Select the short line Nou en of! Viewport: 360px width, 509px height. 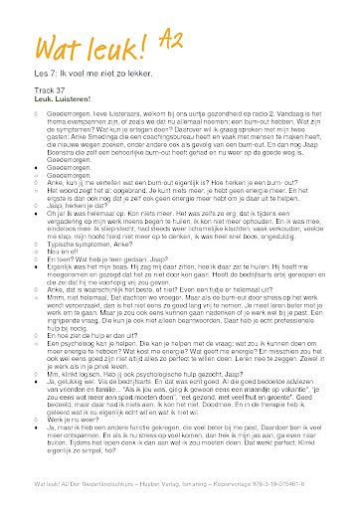(x=62, y=250)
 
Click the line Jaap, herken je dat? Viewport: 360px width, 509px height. (x=76, y=198)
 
